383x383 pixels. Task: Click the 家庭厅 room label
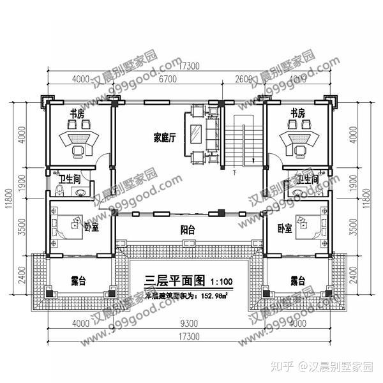(164, 137)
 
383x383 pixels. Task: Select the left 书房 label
(77, 114)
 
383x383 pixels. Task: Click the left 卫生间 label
(68, 179)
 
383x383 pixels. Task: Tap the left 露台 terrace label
(79, 280)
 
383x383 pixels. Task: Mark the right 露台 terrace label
(297, 280)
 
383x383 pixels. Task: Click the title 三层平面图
(174, 280)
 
